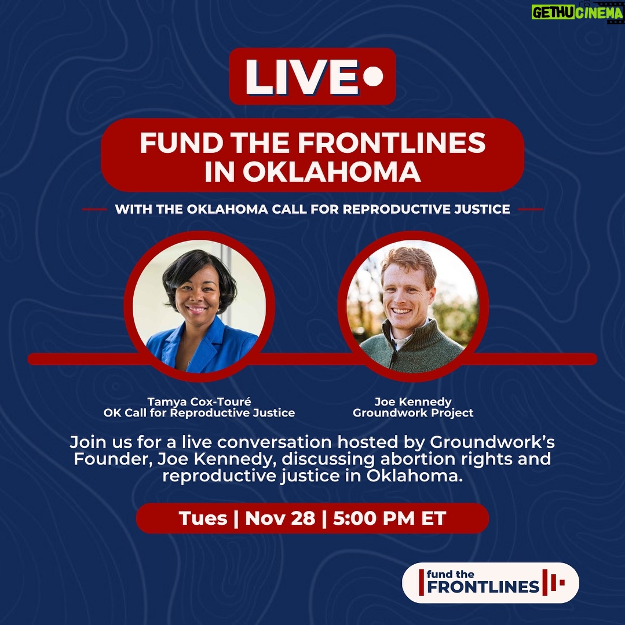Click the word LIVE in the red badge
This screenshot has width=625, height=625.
click(x=302, y=77)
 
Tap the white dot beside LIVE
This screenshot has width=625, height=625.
click(x=374, y=76)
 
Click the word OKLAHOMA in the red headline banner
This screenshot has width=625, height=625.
click(x=332, y=172)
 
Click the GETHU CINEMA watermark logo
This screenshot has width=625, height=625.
click(x=577, y=12)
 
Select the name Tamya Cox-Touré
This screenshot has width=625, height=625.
click(x=199, y=402)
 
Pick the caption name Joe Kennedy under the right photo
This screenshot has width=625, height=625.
click(x=413, y=402)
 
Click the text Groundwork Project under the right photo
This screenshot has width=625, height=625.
click(x=413, y=413)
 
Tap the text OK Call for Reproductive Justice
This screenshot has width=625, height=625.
click(x=199, y=413)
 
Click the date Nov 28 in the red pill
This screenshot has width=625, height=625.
click(x=280, y=518)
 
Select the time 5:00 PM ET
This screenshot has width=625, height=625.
click(x=389, y=518)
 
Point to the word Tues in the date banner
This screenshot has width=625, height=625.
click(x=203, y=518)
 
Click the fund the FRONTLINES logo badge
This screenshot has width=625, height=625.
click(x=490, y=582)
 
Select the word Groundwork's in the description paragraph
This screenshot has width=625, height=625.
click(x=492, y=441)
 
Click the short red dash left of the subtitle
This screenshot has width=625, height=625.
click(x=94, y=209)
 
